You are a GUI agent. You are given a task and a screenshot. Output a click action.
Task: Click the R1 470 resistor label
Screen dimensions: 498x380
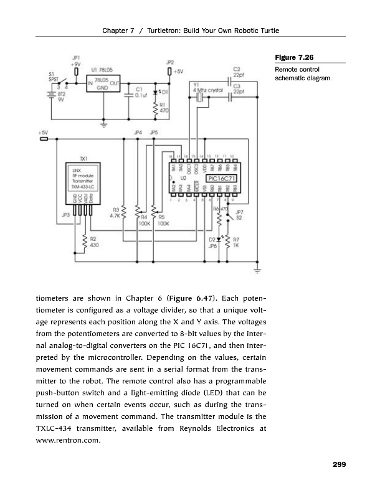click(163, 108)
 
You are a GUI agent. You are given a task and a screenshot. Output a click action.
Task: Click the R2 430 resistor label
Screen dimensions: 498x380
click(94, 242)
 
